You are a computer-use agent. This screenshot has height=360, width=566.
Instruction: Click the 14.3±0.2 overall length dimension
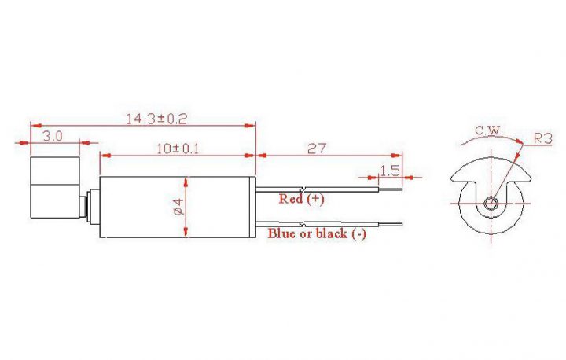point(156,119)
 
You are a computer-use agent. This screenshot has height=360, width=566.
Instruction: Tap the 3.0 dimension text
point(53,137)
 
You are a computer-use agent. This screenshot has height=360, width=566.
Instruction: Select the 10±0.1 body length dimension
point(178,149)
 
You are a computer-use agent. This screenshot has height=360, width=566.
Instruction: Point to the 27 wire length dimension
point(317,149)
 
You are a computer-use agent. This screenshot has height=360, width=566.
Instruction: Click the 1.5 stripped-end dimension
point(390,171)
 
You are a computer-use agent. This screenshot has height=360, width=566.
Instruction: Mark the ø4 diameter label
point(179,207)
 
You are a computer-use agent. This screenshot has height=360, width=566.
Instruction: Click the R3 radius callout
point(542,138)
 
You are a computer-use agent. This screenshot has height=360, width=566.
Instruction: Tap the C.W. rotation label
point(489,130)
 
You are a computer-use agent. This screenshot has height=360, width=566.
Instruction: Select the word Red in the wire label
point(291,199)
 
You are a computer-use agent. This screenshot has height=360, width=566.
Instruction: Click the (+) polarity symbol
point(316,199)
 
